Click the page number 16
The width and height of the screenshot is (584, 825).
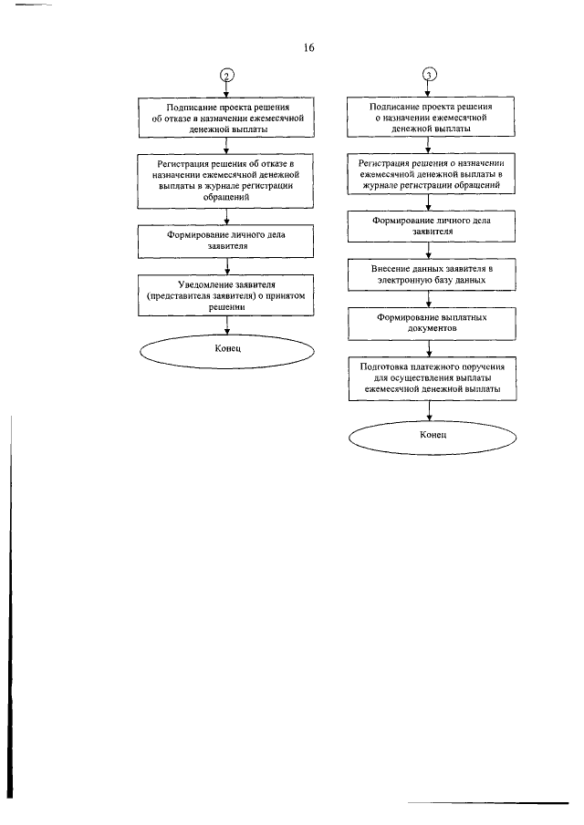(x=308, y=48)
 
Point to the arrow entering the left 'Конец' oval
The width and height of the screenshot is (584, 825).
(x=227, y=325)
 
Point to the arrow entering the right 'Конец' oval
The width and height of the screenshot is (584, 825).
(x=430, y=410)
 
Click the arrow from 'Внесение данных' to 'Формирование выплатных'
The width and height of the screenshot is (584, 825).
(x=429, y=299)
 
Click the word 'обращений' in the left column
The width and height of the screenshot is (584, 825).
(x=226, y=197)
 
